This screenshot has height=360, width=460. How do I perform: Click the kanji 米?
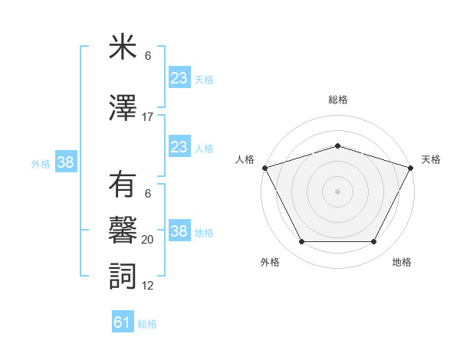[123, 47]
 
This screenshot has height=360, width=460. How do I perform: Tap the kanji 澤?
[123, 109]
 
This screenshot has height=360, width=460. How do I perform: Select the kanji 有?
[123, 186]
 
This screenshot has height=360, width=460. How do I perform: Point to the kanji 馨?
[123, 231]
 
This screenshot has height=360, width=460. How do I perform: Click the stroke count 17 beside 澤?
[148, 117]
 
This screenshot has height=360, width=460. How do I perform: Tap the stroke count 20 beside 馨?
[148, 239]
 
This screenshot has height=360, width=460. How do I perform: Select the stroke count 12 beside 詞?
[148, 286]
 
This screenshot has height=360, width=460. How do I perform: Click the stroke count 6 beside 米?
[148, 55]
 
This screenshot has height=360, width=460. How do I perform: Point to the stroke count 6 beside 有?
[148, 194]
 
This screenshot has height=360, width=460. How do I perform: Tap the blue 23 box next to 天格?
[179, 77]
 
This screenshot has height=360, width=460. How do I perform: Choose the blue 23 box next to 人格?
[179, 146]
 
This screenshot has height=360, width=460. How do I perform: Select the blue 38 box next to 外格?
[65, 162]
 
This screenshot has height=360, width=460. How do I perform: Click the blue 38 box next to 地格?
[179, 231]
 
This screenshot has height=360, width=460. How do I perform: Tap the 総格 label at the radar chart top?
[337, 100]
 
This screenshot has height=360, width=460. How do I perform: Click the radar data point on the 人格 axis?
[264, 168]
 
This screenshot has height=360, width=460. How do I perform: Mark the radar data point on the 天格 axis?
[411, 168]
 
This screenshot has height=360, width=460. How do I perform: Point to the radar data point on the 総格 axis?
[337, 146]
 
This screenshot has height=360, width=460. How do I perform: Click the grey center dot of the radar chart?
[337, 191]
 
